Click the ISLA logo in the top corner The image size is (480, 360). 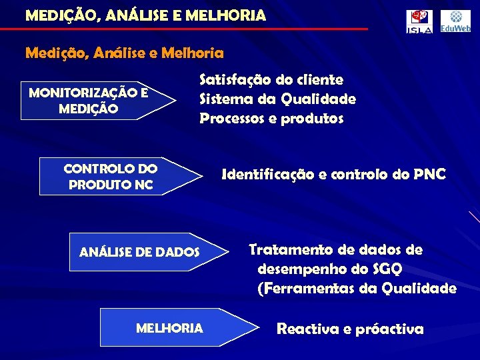coord(420,21)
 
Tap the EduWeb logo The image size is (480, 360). coord(455,21)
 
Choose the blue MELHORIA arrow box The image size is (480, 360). coord(177,328)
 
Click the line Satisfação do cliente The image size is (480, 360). coord(271,80)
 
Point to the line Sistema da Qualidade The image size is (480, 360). coord(277,99)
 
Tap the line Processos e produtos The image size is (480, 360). coord(271,119)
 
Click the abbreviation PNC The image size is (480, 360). coord(429,175)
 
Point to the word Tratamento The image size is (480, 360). coord(291,250)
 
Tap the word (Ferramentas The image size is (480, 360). coord(304,289)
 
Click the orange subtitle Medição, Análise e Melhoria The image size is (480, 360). coord(124,51)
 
